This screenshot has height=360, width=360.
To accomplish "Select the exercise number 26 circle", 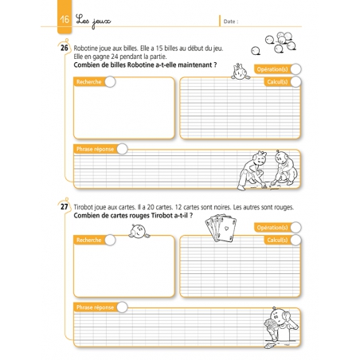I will pos(64,49).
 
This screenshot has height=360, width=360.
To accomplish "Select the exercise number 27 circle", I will pos(64,207).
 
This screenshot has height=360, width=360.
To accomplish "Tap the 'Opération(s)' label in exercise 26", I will pos(272,69).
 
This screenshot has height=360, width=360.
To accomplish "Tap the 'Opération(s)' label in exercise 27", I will pos(272,228).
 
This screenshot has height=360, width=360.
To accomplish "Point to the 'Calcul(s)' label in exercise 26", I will pos(277,81).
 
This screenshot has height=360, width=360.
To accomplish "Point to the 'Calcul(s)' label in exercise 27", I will pos(277,240).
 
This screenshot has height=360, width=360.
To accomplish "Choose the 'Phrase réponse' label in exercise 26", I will pos(95,148).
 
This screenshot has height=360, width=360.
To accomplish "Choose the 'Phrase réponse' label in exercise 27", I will pos(95,307).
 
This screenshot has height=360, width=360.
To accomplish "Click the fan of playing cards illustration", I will pos(217,229).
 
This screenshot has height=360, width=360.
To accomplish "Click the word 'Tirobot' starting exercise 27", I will pos(84,207).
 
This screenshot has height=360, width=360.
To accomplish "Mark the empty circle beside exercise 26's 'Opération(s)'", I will pos(295,69).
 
